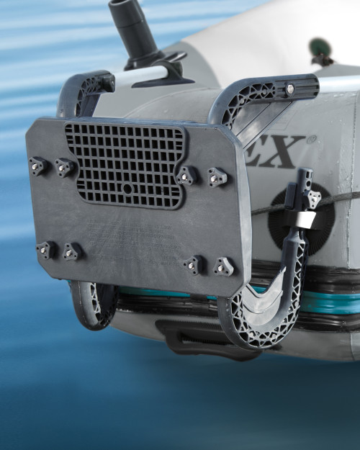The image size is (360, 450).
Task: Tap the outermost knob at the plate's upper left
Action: (37, 166)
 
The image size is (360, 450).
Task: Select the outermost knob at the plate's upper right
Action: (217, 176)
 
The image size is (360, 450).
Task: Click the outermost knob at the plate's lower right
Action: (223, 267)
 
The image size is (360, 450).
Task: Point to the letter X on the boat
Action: (280, 153)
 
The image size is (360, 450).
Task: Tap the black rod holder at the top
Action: (133, 29)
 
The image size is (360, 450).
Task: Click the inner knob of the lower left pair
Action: (72, 252)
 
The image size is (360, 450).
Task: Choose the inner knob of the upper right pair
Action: (188, 175)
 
